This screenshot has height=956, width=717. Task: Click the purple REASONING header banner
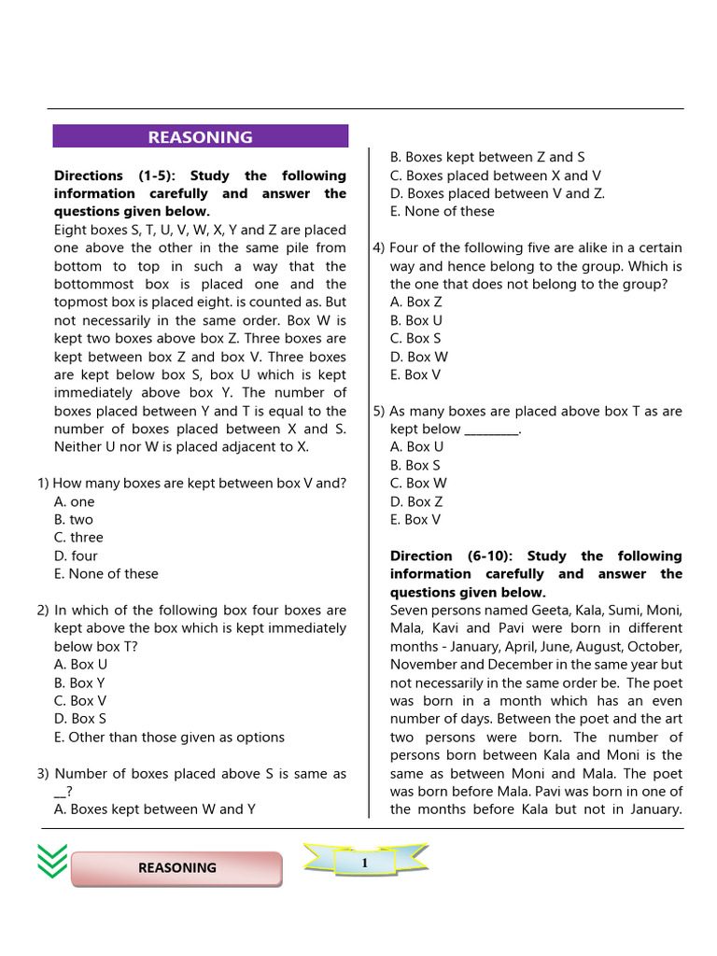(200, 136)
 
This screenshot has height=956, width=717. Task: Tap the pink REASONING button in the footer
(176, 867)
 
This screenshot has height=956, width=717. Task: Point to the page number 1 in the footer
(365, 864)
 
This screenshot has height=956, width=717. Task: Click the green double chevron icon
(52, 861)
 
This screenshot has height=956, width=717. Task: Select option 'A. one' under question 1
(75, 501)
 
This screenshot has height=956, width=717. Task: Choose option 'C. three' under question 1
(78, 538)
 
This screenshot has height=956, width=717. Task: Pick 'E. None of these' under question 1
(105, 574)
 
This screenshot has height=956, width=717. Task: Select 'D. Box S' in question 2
(80, 719)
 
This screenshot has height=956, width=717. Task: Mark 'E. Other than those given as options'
(169, 737)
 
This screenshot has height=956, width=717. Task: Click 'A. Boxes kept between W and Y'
(154, 809)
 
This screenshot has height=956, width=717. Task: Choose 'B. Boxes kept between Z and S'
(487, 157)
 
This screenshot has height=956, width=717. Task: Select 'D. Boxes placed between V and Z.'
(497, 193)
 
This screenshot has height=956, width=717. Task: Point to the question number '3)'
(43, 774)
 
